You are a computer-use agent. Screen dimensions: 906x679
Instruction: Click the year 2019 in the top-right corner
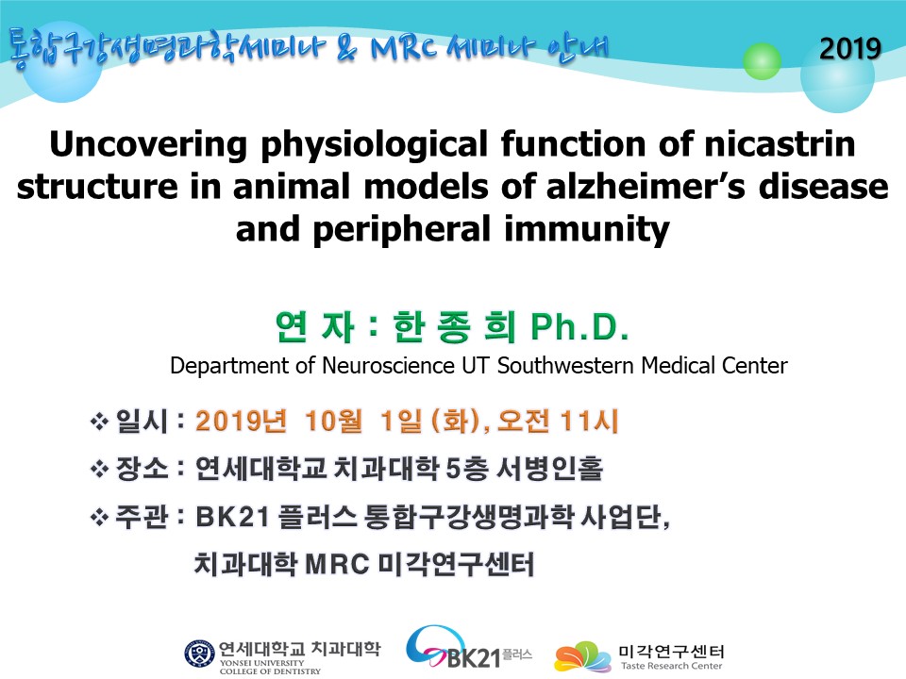pos(850,48)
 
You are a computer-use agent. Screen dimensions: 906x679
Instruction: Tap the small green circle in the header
pos(762,60)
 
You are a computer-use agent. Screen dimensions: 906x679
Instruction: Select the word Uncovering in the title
pos(148,145)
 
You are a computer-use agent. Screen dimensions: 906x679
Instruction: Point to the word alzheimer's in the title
pos(645,187)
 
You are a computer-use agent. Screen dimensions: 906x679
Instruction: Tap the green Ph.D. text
pos(579,327)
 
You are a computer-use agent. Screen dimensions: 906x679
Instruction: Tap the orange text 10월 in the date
pos(333,421)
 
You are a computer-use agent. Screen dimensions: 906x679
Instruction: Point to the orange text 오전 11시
pos(558,421)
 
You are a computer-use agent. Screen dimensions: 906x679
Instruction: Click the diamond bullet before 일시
pos(99,422)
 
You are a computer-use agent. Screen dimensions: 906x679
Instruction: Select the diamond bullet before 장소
pos(99,469)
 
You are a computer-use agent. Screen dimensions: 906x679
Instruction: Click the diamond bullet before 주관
pos(99,517)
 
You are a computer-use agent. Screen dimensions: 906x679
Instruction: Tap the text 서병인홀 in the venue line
pos(549,469)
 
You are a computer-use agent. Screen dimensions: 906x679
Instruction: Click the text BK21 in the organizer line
pos(232,517)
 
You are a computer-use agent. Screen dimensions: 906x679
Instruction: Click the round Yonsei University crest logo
pos(199,654)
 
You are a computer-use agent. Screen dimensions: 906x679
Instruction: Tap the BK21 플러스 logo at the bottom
pos(468,648)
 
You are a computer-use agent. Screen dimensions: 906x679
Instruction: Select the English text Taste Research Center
pos(671,666)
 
